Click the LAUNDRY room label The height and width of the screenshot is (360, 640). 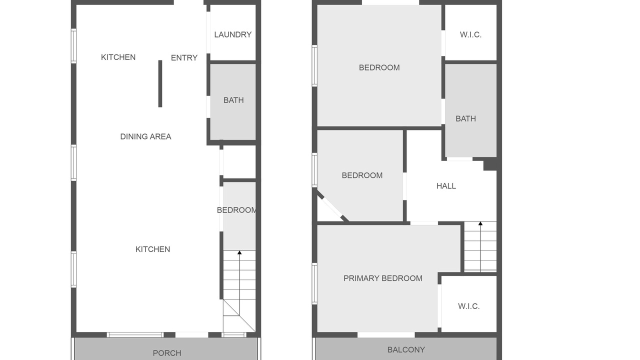point(233,34)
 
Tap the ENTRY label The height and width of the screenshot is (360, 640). point(184,57)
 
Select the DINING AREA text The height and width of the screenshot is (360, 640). point(145,136)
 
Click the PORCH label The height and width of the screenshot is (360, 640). point(167,353)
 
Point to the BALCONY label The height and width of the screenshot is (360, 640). point(406,349)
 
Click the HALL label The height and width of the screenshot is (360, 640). point(446,186)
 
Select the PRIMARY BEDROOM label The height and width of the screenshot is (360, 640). point(383,278)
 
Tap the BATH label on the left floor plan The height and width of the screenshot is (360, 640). point(233,100)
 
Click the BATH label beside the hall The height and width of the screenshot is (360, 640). point(465,118)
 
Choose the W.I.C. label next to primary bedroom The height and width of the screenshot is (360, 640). point(469,306)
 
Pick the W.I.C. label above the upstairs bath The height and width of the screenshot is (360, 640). point(470,34)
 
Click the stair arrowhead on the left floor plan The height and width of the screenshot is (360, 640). point(239,252)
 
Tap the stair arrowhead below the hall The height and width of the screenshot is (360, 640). point(480,223)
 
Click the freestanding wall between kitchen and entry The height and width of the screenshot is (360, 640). point(160,83)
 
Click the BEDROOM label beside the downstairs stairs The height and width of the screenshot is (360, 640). point(236,210)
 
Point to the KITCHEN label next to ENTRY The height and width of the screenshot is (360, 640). point(118,57)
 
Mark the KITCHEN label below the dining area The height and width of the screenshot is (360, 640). point(152,249)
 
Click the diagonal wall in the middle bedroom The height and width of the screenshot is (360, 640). point(333,206)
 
